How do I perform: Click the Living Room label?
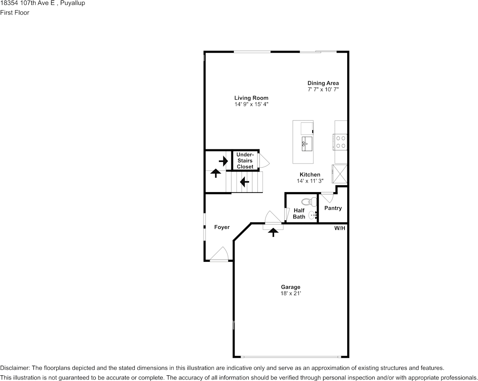pyautogui.click(x=251, y=98)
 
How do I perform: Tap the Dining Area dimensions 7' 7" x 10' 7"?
pyautogui.click(x=323, y=89)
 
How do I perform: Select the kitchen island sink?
pyautogui.click(x=307, y=143)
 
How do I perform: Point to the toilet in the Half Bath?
pyautogui.click(x=308, y=201)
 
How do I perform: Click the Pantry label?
pyautogui.click(x=333, y=208)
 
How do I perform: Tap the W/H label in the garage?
pyautogui.click(x=340, y=228)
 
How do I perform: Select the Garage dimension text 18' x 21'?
pyautogui.click(x=291, y=294)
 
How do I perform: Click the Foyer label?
pyautogui.click(x=222, y=227)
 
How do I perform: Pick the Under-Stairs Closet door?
pyautogui.click(x=264, y=160)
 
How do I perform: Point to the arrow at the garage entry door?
pyautogui.click(x=274, y=232)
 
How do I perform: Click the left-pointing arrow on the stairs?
pyautogui.click(x=244, y=182)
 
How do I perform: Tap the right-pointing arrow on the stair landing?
pyautogui.click(x=223, y=161)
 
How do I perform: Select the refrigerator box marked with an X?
pyautogui.click(x=339, y=174)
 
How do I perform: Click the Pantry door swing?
pyautogui.click(x=327, y=197)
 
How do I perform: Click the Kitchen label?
pyautogui.click(x=310, y=175)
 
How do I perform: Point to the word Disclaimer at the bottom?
pyautogui.click(x=14, y=368)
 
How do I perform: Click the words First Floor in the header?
pyautogui.click(x=14, y=12)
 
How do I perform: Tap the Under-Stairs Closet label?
pyautogui.click(x=245, y=161)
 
